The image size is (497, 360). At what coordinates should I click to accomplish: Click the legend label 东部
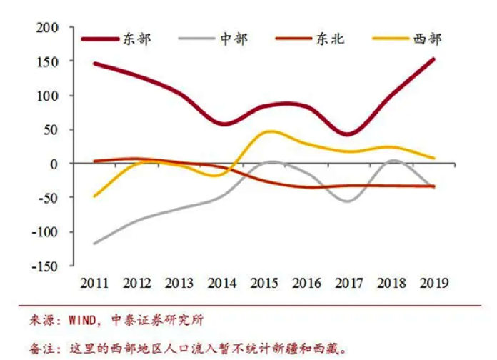coord(137,39)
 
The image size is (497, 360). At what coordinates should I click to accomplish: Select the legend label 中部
coord(233,39)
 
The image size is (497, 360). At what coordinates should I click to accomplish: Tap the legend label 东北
coord(330,39)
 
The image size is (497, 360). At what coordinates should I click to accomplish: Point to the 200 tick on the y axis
coord(47,28)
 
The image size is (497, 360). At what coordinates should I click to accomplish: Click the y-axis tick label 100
coord(47,96)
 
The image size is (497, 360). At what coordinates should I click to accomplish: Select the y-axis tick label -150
coord(44,266)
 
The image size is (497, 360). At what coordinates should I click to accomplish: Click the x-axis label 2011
coord(94,283)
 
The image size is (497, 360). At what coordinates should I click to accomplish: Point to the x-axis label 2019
coord(434,283)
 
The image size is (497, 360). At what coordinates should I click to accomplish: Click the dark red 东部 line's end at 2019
coord(433,59)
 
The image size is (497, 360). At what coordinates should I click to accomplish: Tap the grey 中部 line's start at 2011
coord(94,244)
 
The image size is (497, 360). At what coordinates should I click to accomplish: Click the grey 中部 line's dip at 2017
coord(348,201)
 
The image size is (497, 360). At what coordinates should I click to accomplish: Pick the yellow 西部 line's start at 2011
coord(94,196)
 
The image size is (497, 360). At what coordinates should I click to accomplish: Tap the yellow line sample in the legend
coord(374,39)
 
